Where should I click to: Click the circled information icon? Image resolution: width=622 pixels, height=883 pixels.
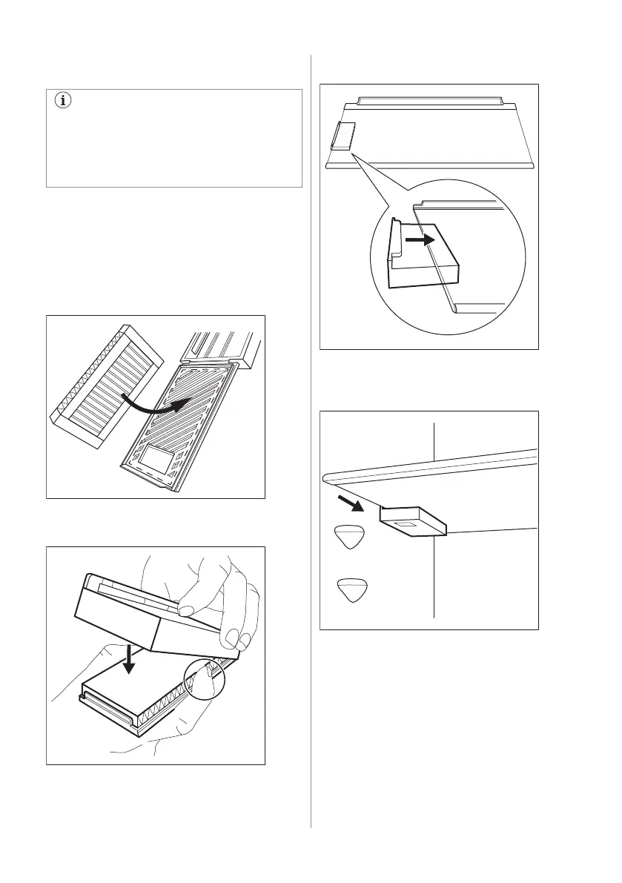pyautogui.click(x=62, y=102)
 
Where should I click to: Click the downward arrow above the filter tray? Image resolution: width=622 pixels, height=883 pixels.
pyautogui.click(x=130, y=657)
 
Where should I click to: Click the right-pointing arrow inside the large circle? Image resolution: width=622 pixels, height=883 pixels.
pyautogui.click(x=421, y=240)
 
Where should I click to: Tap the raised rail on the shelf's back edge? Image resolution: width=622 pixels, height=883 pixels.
pyautogui.click(x=430, y=100)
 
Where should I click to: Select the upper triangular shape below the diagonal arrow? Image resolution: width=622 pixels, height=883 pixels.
pyautogui.click(x=348, y=537)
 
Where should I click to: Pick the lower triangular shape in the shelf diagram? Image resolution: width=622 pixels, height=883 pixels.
pyautogui.click(x=351, y=590)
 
